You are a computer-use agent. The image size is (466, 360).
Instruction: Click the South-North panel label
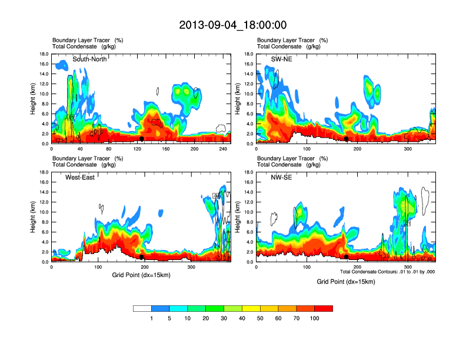pyautogui.click(x=89, y=59)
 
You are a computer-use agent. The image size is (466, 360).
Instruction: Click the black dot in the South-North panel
pyautogui.click(x=141, y=139)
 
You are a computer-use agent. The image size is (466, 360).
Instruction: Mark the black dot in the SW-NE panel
pyautogui.click(x=347, y=139)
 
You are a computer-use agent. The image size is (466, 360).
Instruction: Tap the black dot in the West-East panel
pyautogui.click(x=141, y=257)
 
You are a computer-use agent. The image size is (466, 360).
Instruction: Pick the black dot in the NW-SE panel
pyautogui.click(x=347, y=257)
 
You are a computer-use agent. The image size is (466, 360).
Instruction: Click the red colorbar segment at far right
pyautogui.click(x=324, y=308)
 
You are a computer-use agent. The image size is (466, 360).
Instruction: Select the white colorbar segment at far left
pyautogui.click(x=142, y=308)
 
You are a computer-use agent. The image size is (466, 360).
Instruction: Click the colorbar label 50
pyautogui.click(x=260, y=318)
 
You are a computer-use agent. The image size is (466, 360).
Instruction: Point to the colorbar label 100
pyautogui.click(x=314, y=318)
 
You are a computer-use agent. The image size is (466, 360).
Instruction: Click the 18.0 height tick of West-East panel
pyautogui.click(x=44, y=172)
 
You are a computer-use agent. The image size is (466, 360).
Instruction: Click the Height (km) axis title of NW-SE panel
pyautogui.click(x=238, y=217)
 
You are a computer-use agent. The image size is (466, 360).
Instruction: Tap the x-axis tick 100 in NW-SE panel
pyautogui.click(x=307, y=267)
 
